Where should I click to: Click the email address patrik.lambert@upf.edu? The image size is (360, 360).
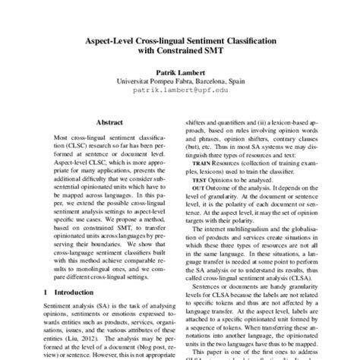[180, 89]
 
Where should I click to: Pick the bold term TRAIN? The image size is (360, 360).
[201, 163]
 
